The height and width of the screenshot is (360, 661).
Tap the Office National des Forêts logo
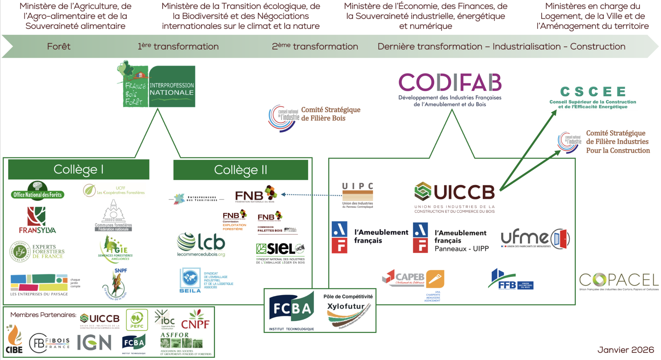(37, 191)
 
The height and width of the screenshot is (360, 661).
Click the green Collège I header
(78, 169)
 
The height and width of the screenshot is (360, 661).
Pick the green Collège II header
(240, 170)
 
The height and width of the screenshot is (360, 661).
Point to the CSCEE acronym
(593, 92)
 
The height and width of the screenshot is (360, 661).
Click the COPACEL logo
(619, 280)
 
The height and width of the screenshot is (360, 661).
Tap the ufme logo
(535, 239)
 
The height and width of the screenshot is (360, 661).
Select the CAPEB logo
(413, 279)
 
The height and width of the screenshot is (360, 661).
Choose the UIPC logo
(358, 195)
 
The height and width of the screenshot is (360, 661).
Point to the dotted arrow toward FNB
(311, 195)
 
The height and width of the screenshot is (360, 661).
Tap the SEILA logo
(190, 280)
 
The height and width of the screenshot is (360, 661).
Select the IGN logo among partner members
(94, 342)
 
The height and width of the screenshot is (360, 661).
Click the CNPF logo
(195, 320)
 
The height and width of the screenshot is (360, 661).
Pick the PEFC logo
(137, 320)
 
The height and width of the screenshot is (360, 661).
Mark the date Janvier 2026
(625, 350)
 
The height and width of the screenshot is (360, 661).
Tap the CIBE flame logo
(14, 340)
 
